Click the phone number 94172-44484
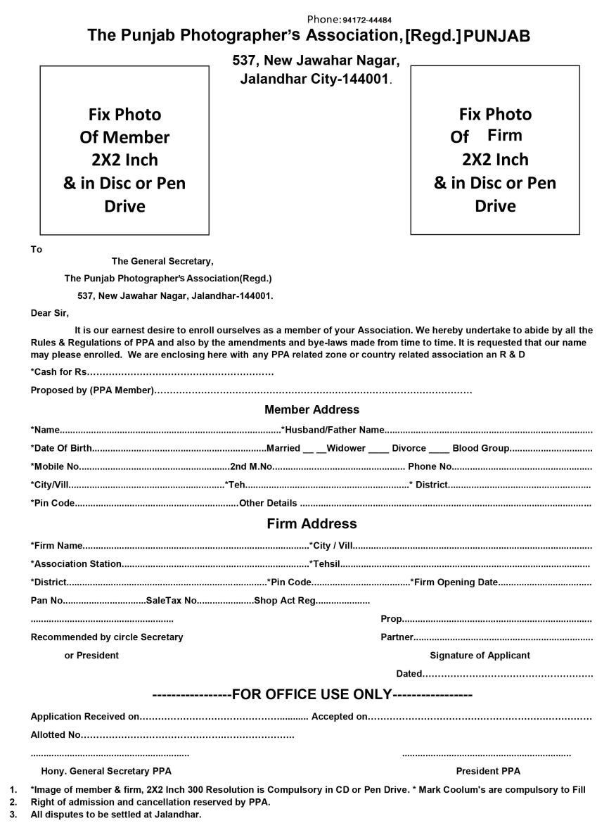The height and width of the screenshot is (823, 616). tap(367, 20)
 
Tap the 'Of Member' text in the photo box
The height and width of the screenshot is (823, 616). tap(124, 137)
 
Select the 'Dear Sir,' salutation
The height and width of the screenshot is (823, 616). tap(50, 313)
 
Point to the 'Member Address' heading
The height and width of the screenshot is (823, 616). tap(312, 409)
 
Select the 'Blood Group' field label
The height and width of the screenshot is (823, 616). tap(481, 448)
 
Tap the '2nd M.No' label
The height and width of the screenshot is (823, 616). tap(251, 466)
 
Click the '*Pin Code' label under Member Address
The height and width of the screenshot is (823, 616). tap(53, 503)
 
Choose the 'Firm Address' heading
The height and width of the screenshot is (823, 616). tap(312, 524)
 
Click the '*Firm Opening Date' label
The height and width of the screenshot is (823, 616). tap(454, 582)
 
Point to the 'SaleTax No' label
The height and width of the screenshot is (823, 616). tap(172, 601)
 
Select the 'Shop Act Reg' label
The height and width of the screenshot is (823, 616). tap(285, 601)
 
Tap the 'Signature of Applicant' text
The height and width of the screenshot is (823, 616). tap(480, 656)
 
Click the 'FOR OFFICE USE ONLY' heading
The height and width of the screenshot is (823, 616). tap(312, 695)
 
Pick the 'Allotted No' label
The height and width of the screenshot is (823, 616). tap(56, 735)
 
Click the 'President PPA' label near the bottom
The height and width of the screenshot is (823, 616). tap(488, 771)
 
